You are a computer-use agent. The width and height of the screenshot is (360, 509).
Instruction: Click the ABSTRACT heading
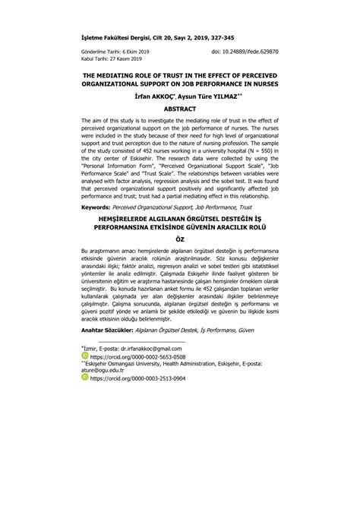pyautogui.click(x=179, y=109)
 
